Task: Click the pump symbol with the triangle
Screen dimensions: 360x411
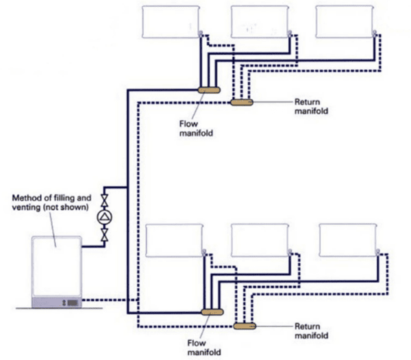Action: pyautogui.click(x=104, y=217)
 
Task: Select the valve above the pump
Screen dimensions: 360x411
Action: pyautogui.click(x=104, y=201)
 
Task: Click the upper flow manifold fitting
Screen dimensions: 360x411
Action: pyautogui.click(x=208, y=89)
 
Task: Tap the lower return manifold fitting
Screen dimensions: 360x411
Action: pyautogui.click(x=243, y=326)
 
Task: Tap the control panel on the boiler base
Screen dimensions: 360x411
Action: pyautogui.click(x=70, y=301)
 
